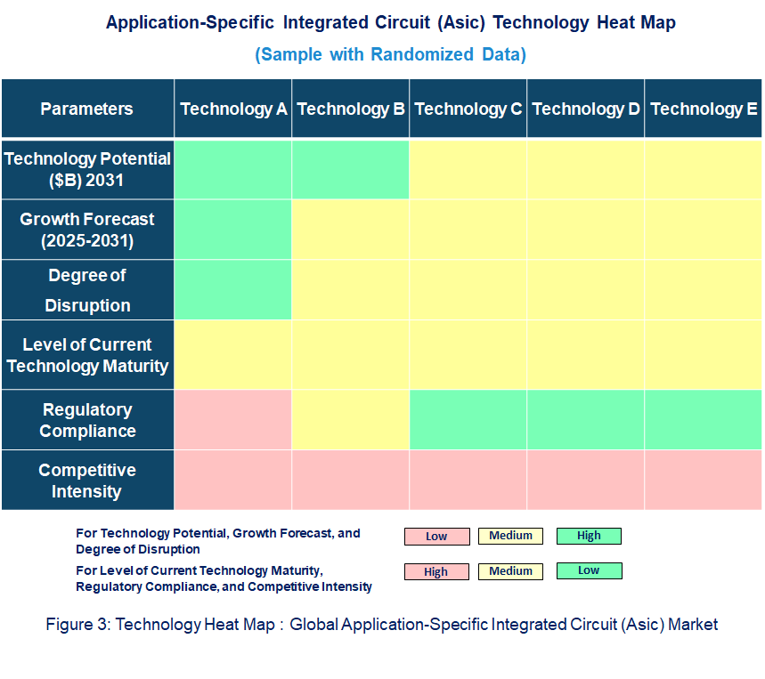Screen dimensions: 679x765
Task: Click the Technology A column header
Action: pos(233,109)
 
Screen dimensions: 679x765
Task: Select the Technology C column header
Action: pos(468,109)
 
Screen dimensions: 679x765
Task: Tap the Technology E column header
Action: pos(704,109)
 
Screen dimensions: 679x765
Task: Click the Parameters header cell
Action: pos(86,109)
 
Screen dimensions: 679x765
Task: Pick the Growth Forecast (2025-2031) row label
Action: pos(86,230)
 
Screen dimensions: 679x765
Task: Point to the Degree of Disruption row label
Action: pos(86,290)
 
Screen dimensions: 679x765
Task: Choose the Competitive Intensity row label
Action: pos(86,481)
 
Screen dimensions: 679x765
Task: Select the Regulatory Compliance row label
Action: pos(86,420)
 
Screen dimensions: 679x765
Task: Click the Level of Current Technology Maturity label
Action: pos(86,355)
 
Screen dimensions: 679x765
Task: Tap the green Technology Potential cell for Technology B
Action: pos(351,168)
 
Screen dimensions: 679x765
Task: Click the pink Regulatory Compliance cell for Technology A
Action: pos(233,419)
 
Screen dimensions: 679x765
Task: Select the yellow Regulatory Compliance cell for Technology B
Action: pos(351,419)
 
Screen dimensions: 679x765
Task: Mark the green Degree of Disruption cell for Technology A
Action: pos(233,289)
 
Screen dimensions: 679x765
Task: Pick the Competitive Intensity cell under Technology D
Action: pos(586,480)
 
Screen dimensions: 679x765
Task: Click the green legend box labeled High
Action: pos(589,536)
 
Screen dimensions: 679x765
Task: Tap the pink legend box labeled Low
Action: pos(436,537)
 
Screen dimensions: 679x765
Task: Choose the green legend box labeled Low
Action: pos(589,570)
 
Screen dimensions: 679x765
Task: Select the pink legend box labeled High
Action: pos(436,572)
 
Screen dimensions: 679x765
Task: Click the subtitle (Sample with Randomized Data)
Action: pos(390,54)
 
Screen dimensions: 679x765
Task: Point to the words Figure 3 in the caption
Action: pos(77,625)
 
